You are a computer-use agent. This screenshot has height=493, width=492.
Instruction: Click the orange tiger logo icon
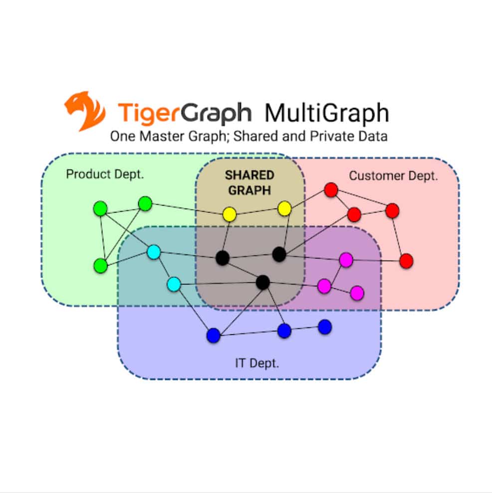pos(85,111)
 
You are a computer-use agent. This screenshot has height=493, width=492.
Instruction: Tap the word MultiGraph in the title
pos(327,113)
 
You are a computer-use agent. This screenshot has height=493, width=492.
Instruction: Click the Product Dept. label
pos(105,174)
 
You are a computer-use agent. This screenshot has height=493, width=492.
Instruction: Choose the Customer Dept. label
pos(393,176)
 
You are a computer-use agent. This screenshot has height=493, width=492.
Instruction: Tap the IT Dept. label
pos(257,363)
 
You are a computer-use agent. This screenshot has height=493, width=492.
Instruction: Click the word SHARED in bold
pos(249,175)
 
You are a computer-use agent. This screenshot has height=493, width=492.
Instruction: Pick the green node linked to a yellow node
pos(145,204)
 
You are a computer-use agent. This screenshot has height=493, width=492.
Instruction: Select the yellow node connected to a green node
pos(230,215)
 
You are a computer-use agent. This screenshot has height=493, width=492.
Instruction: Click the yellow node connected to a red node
pos(284,209)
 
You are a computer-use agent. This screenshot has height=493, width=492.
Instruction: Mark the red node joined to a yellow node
pos(331,190)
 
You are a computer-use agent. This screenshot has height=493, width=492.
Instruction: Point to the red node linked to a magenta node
pos(406,261)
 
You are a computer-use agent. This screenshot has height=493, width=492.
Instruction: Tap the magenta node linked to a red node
pos(346,260)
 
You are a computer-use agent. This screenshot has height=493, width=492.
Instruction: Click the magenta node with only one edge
pos(357,293)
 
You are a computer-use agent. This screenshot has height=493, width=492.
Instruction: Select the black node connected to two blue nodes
pos(263,282)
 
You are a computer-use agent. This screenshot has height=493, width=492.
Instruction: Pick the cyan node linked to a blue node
pos(174,284)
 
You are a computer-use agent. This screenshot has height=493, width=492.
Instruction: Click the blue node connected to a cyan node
pos(214,335)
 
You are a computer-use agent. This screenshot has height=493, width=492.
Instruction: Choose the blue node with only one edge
pos(325,327)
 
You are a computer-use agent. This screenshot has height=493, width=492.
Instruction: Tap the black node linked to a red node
pos(279,254)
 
